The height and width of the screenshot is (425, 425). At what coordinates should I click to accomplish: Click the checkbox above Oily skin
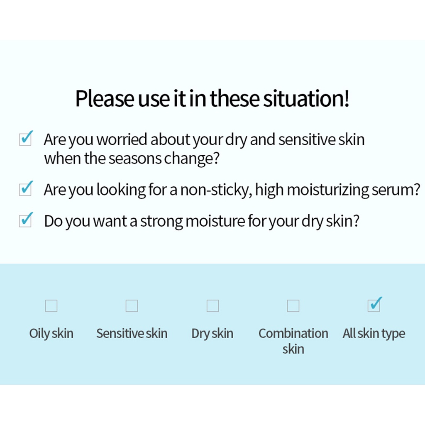51,306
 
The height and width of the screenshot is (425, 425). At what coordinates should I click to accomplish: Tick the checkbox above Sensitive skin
132,306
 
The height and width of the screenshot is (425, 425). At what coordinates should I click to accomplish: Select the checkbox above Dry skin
213,306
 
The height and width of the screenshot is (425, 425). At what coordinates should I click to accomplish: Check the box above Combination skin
293,306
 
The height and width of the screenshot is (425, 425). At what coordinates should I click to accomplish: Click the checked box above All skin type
374,305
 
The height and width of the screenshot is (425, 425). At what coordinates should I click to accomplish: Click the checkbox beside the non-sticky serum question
25,189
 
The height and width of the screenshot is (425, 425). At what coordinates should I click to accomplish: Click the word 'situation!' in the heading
306,98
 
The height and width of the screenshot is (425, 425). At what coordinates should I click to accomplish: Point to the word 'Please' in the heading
104,98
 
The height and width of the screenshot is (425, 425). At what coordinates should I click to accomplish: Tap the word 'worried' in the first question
122,139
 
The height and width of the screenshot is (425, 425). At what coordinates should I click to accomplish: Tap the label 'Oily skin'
51,334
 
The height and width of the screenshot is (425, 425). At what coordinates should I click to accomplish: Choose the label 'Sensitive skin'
132,333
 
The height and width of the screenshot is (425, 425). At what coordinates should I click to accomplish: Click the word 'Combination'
293,333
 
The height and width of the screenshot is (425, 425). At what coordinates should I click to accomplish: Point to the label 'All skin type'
374,334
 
